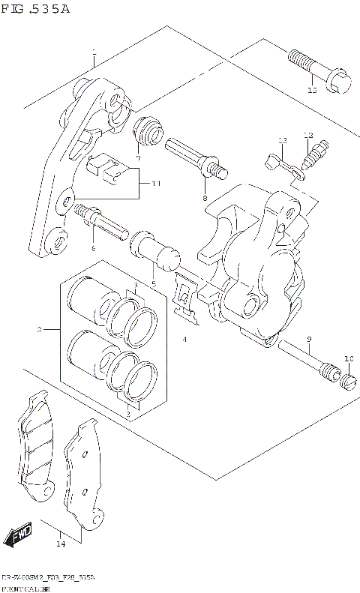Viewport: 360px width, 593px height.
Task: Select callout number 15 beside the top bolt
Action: pos(313,91)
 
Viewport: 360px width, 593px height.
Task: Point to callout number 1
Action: pos(94,53)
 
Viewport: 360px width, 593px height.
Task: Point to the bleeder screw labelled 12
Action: pos(313,155)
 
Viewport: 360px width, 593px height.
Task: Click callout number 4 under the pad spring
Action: pos(184,340)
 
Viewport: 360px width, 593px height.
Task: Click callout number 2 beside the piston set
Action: pos(38,329)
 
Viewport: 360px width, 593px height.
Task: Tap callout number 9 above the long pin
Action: pos(308,341)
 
